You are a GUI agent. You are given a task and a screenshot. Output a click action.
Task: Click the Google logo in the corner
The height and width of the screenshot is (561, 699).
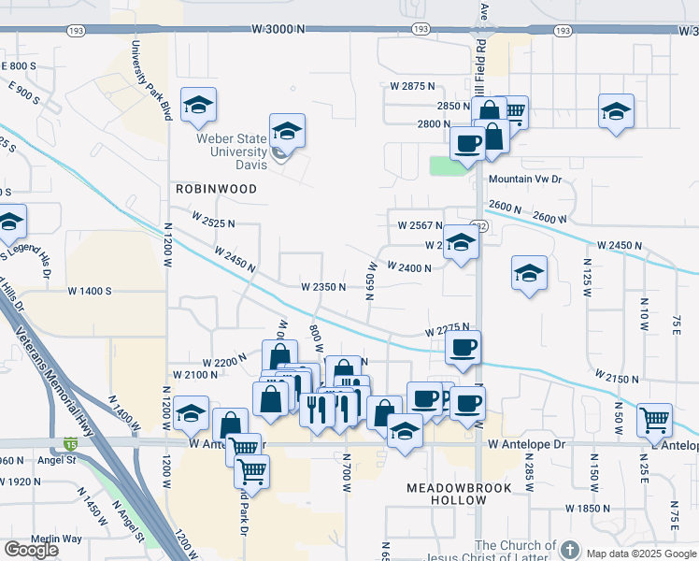click(31, 550)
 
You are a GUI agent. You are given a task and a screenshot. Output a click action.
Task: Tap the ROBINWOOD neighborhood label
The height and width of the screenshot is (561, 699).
click(216, 188)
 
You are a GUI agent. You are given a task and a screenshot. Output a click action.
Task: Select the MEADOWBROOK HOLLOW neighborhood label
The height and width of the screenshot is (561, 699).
click(447, 495)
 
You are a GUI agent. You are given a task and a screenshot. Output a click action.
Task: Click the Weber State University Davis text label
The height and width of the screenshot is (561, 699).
click(231, 151)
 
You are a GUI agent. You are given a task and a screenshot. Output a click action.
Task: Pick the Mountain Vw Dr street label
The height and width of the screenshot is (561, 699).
click(523, 179)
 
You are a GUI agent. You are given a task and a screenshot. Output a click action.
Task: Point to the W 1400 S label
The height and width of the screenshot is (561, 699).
click(90, 291)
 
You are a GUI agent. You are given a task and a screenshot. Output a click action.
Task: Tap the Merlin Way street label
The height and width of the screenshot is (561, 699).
click(56, 539)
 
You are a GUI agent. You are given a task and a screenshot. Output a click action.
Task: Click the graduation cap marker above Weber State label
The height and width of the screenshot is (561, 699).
click(288, 131)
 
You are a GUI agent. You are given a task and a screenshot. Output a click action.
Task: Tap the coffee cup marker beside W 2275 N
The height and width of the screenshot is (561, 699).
click(464, 348)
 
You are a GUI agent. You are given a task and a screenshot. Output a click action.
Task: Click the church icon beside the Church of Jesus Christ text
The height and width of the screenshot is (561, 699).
click(571, 549)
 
